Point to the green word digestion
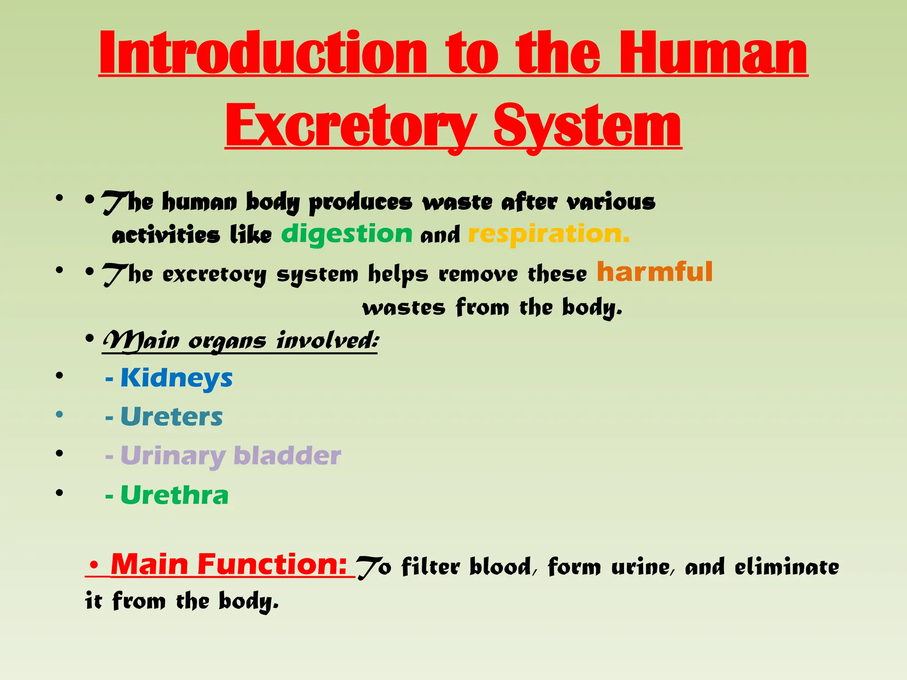pyautogui.click(x=347, y=234)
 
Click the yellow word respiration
pyautogui.click(x=548, y=234)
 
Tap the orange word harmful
pyautogui.click(x=655, y=271)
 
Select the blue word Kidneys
pyautogui.click(x=176, y=378)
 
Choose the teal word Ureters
pyautogui.click(x=171, y=417)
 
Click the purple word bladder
pyautogui.click(x=287, y=456)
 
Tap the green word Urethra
pyautogui.click(x=174, y=495)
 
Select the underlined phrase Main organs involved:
pyautogui.click(x=240, y=341)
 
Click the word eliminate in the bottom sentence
pyautogui.click(x=787, y=567)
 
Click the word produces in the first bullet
pyautogui.click(x=360, y=203)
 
